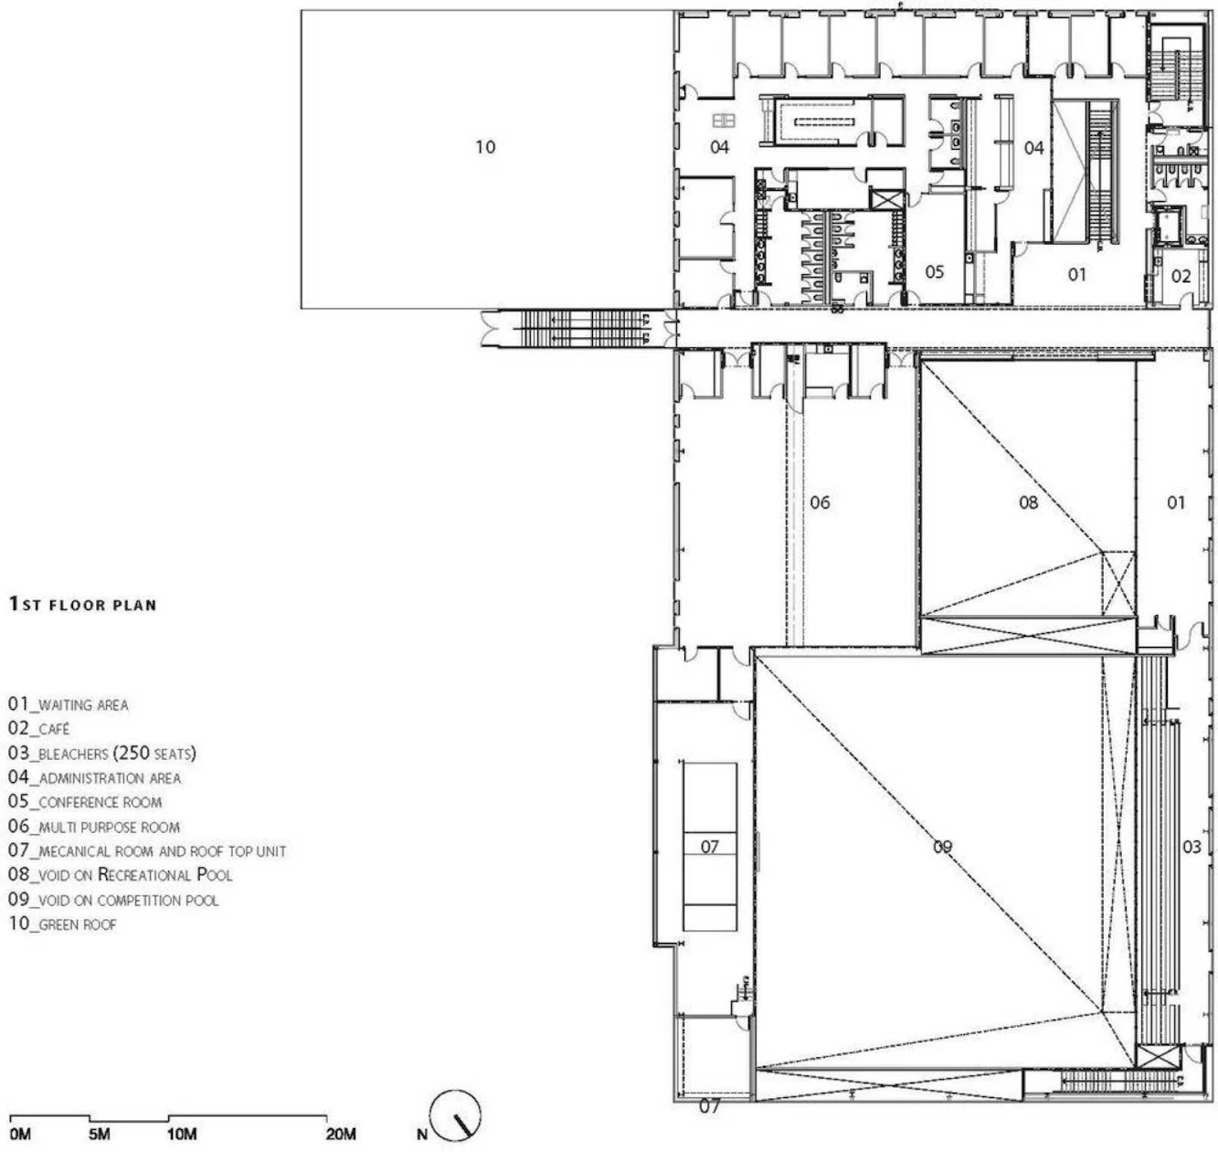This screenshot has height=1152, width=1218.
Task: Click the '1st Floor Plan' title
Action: click(x=83, y=604)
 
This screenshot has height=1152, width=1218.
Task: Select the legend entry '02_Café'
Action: click(x=39, y=728)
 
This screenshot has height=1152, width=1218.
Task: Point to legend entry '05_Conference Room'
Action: click(x=85, y=801)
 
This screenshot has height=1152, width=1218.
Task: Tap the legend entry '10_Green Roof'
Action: click(x=62, y=924)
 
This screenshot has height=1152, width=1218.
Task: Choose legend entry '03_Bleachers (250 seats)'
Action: click(x=102, y=753)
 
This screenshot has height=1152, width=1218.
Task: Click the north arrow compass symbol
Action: click(x=455, y=1116)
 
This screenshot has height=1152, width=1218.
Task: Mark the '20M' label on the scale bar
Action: click(x=341, y=1134)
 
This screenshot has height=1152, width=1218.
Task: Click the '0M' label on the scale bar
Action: click(x=20, y=1134)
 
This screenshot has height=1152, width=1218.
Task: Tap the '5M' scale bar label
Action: click(x=99, y=1134)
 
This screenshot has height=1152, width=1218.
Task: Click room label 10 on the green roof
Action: click(x=485, y=147)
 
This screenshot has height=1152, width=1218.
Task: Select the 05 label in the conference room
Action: click(x=934, y=271)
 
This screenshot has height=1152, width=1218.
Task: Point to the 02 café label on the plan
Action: click(x=1181, y=276)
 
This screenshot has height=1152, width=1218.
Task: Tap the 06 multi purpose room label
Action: click(x=820, y=502)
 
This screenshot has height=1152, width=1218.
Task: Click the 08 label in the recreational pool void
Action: click(x=1029, y=502)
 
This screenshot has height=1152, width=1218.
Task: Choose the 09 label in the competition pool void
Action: click(x=942, y=847)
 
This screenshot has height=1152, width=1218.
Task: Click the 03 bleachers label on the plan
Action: click(x=1192, y=847)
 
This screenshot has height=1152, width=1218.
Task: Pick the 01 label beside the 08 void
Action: click(x=1176, y=502)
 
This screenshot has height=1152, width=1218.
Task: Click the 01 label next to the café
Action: click(x=1076, y=274)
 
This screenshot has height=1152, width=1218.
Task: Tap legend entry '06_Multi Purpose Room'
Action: click(x=94, y=826)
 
